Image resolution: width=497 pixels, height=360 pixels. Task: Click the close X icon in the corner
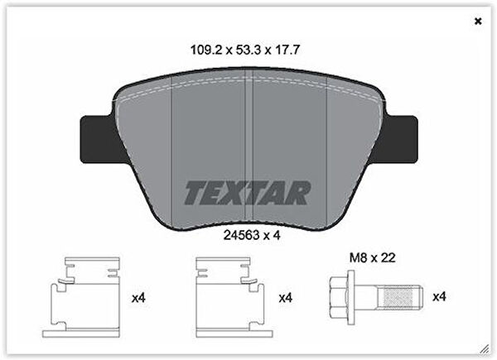tap(477, 21)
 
